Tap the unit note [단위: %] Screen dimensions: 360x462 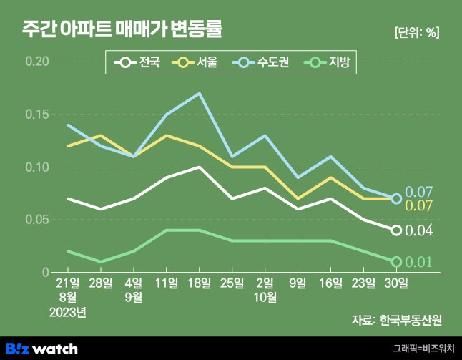416,31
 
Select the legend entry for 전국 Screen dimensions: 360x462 141,62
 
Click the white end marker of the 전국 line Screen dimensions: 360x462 396,230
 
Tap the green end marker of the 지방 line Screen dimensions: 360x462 396,262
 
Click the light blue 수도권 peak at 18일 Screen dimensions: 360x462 199,93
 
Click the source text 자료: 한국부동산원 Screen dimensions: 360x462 396,318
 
